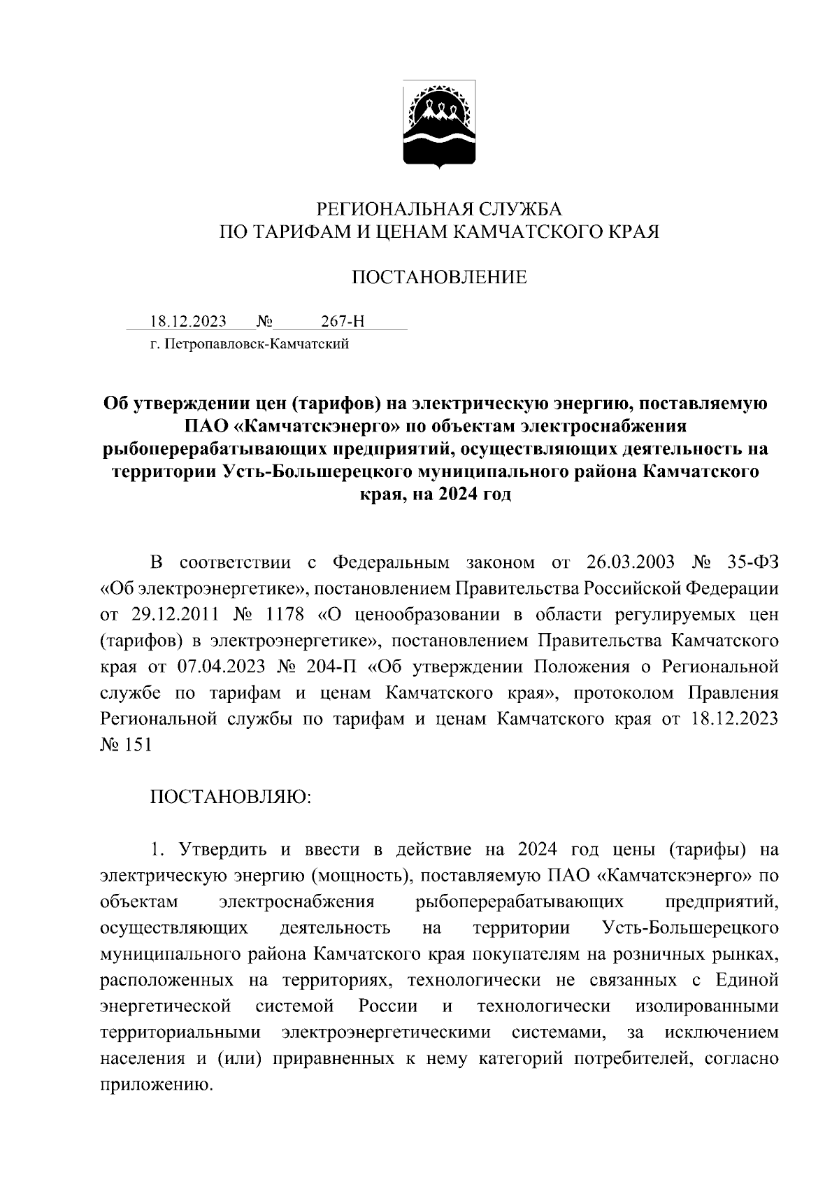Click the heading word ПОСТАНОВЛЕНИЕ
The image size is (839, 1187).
click(x=438, y=278)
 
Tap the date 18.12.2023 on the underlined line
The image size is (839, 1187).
click(x=188, y=322)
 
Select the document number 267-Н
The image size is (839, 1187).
click(x=343, y=322)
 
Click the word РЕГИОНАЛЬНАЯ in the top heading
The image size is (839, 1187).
click(x=392, y=208)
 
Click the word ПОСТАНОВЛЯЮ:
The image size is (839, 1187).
click(x=231, y=797)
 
